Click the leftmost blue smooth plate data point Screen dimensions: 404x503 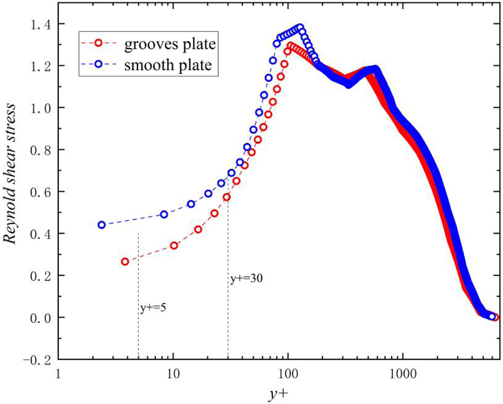(102, 225)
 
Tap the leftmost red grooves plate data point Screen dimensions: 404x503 (125, 261)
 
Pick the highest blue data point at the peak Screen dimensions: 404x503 (300, 26)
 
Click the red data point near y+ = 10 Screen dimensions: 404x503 (174, 246)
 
